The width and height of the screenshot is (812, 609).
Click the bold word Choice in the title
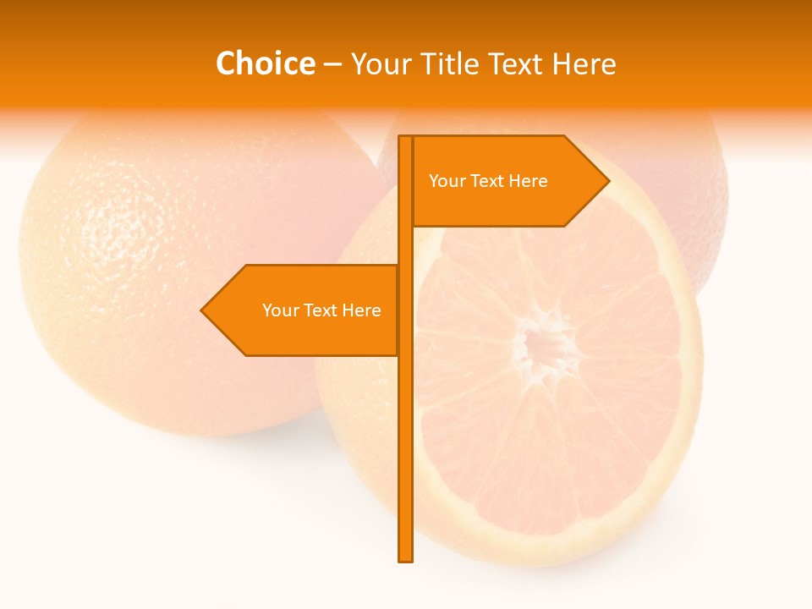click(265, 64)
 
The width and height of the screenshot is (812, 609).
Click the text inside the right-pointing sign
click(488, 181)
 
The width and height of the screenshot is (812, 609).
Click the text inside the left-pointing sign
click(321, 310)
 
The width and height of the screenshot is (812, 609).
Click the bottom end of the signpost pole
click(406, 558)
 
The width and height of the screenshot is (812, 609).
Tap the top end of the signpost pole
click(406, 138)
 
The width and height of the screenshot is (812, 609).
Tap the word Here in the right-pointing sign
click(528, 181)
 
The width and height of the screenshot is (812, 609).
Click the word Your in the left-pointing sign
click(280, 310)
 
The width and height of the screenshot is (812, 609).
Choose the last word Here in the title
click(584, 64)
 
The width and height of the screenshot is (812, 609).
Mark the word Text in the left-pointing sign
click(321, 310)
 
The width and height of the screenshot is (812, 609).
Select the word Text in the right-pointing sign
click(487, 181)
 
